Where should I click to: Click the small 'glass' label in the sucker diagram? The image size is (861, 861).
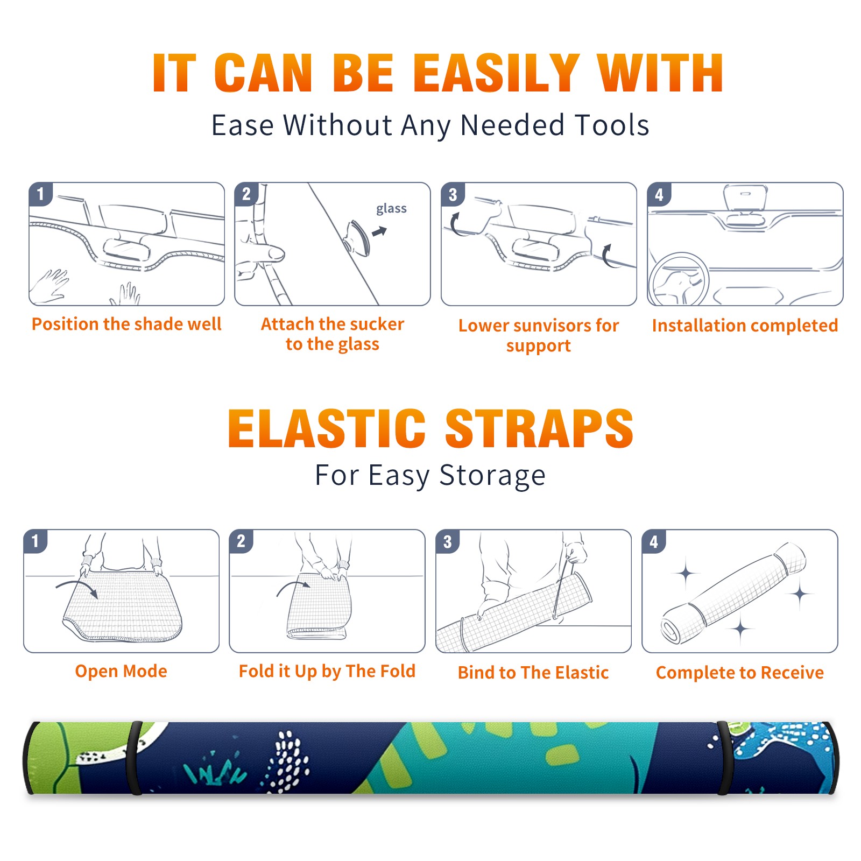pyautogui.click(x=391, y=208)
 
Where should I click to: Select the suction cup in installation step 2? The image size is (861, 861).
pyautogui.click(x=357, y=237)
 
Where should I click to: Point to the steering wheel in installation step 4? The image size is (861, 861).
pyautogui.click(x=679, y=279)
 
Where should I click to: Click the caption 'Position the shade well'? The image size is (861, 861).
pyautogui.click(x=126, y=324)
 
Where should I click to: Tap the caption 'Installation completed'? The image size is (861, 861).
pyautogui.click(x=745, y=325)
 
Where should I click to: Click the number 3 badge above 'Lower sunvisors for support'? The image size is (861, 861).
pyautogui.click(x=453, y=194)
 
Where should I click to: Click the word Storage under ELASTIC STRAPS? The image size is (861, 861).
pyautogui.click(x=492, y=476)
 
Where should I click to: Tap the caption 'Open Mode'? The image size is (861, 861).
pyautogui.click(x=121, y=671)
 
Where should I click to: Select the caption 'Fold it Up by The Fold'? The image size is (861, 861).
pyautogui.click(x=327, y=671)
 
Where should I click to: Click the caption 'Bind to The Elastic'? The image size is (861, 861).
pyautogui.click(x=533, y=673)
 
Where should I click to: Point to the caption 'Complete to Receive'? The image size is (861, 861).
pyautogui.click(x=740, y=673)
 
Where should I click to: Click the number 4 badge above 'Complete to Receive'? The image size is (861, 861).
pyautogui.click(x=654, y=541)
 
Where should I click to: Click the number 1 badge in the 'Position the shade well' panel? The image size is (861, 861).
pyautogui.click(x=40, y=194)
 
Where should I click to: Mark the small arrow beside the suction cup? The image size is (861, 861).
pyautogui.click(x=380, y=231)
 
